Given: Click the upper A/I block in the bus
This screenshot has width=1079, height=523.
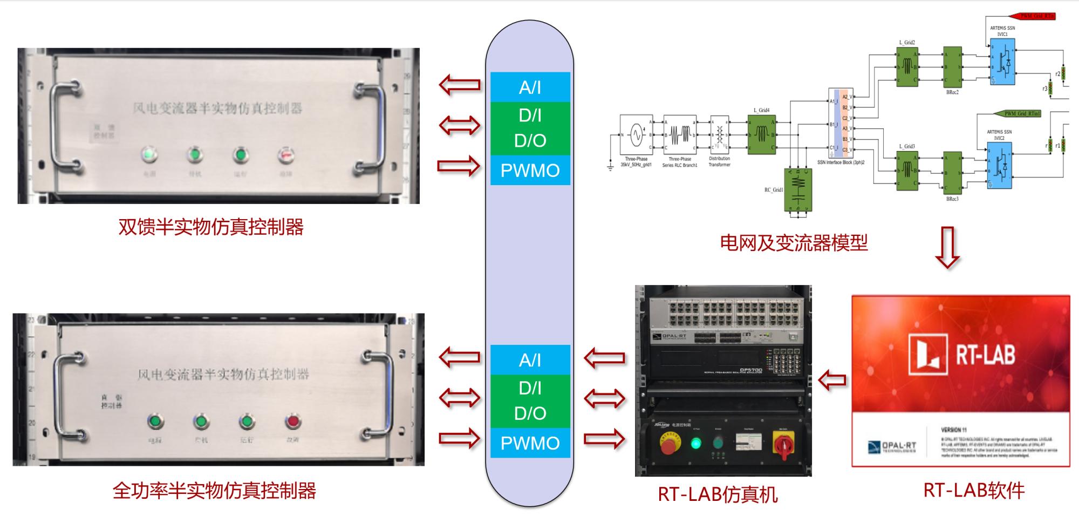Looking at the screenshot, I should point(530,87).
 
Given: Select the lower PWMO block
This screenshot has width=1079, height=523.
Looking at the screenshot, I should point(530,443).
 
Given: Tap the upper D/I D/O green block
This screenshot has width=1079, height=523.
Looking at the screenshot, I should point(530,128).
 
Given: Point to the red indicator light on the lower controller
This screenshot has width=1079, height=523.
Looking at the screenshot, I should point(293,421).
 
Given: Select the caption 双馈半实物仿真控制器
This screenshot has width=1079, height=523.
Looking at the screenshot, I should point(211,227).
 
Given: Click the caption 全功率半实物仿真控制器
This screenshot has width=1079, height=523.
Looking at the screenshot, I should point(214,491).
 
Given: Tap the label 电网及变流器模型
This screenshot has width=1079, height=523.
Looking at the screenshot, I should point(794,243).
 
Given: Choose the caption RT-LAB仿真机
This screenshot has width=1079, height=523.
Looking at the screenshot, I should point(718,494).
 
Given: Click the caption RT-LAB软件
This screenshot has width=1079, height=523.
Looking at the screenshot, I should point(974,490).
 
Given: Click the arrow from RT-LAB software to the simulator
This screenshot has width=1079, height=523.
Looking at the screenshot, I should point(832,380).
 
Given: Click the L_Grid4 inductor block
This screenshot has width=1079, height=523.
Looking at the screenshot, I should point(761,134).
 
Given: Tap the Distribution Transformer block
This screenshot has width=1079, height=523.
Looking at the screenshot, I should point(719,133).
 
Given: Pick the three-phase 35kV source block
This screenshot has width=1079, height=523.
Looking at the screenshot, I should point(636,134).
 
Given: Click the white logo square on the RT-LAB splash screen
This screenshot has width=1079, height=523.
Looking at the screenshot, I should point(928,355).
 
